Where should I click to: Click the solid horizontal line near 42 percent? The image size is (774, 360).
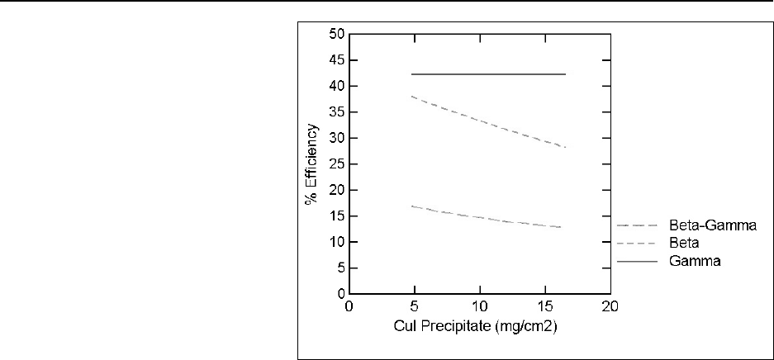click(487, 74)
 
